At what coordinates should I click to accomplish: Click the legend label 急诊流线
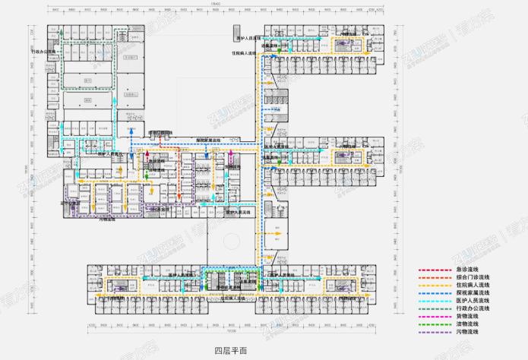468,270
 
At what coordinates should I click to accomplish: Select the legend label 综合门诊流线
472,277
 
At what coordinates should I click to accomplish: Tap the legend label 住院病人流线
472,285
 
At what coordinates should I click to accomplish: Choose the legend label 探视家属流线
472,293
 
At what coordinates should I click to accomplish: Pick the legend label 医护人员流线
472,301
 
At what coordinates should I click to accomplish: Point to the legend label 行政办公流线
472,309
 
